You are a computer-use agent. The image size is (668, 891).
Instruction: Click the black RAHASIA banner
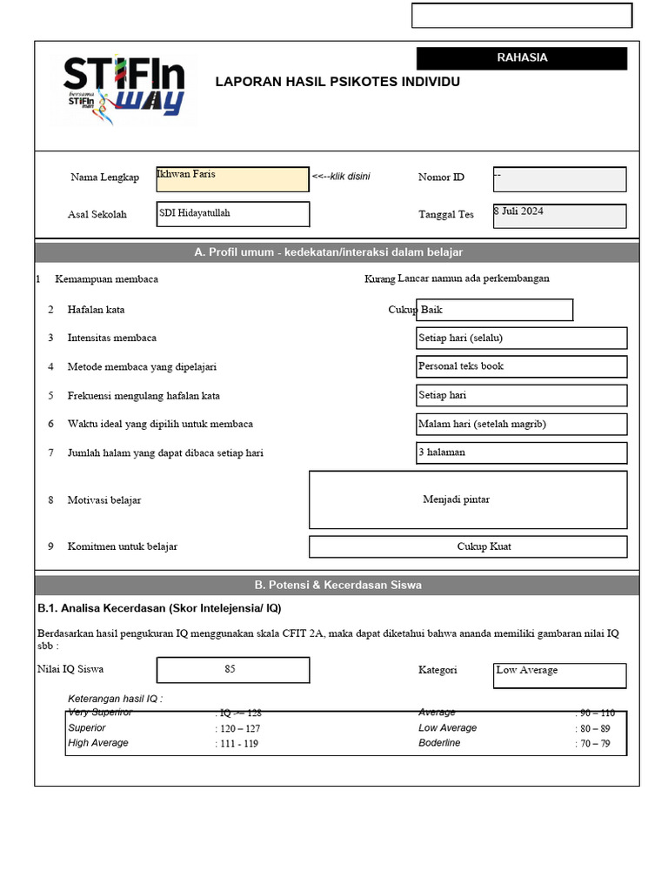(x=521, y=58)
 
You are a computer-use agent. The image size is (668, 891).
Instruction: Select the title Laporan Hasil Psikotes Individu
(x=337, y=82)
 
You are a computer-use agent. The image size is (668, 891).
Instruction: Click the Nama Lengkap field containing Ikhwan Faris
(x=232, y=179)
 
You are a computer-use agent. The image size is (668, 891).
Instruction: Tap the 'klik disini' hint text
(x=341, y=177)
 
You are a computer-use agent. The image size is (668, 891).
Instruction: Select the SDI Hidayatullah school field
(x=232, y=214)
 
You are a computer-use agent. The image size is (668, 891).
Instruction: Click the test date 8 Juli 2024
(x=558, y=216)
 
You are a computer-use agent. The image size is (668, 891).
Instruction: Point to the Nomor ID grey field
(x=558, y=179)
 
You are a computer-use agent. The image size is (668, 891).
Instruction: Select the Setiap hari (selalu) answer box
(x=521, y=338)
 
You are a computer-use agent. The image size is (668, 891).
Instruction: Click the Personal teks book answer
(x=521, y=366)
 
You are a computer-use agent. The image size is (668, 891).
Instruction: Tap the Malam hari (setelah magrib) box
(x=521, y=424)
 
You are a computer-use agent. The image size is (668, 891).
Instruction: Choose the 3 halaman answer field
(x=521, y=452)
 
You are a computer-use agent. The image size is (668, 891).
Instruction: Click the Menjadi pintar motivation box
(x=468, y=499)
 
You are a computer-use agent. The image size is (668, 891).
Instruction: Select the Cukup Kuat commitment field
(x=468, y=546)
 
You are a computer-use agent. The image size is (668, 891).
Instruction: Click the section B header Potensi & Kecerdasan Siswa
(x=337, y=585)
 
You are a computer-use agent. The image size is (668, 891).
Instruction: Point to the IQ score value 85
(x=232, y=670)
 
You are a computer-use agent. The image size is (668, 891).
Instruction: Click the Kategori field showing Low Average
(x=558, y=675)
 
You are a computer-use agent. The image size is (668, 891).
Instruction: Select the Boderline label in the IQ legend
(x=439, y=743)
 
